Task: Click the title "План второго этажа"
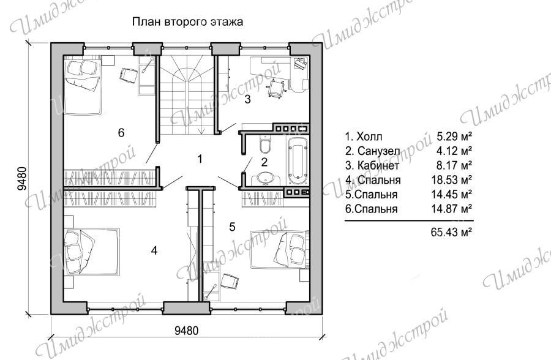(x=187, y=22)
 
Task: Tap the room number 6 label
(x=121, y=133)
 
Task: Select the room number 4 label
(x=154, y=250)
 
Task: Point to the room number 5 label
(x=232, y=227)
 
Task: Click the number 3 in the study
(x=247, y=99)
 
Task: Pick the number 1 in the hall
(x=200, y=159)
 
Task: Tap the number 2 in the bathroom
(x=264, y=162)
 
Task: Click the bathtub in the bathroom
(x=298, y=160)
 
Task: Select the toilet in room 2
(x=265, y=144)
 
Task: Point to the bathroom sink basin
(x=264, y=178)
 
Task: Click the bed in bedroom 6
(x=83, y=86)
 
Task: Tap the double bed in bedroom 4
(x=91, y=252)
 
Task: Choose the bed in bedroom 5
(x=279, y=250)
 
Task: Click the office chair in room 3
(x=277, y=88)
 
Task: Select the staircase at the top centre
(x=186, y=95)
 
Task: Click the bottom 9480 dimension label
(x=187, y=331)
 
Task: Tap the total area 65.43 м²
(x=451, y=232)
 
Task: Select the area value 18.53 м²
(x=451, y=179)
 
